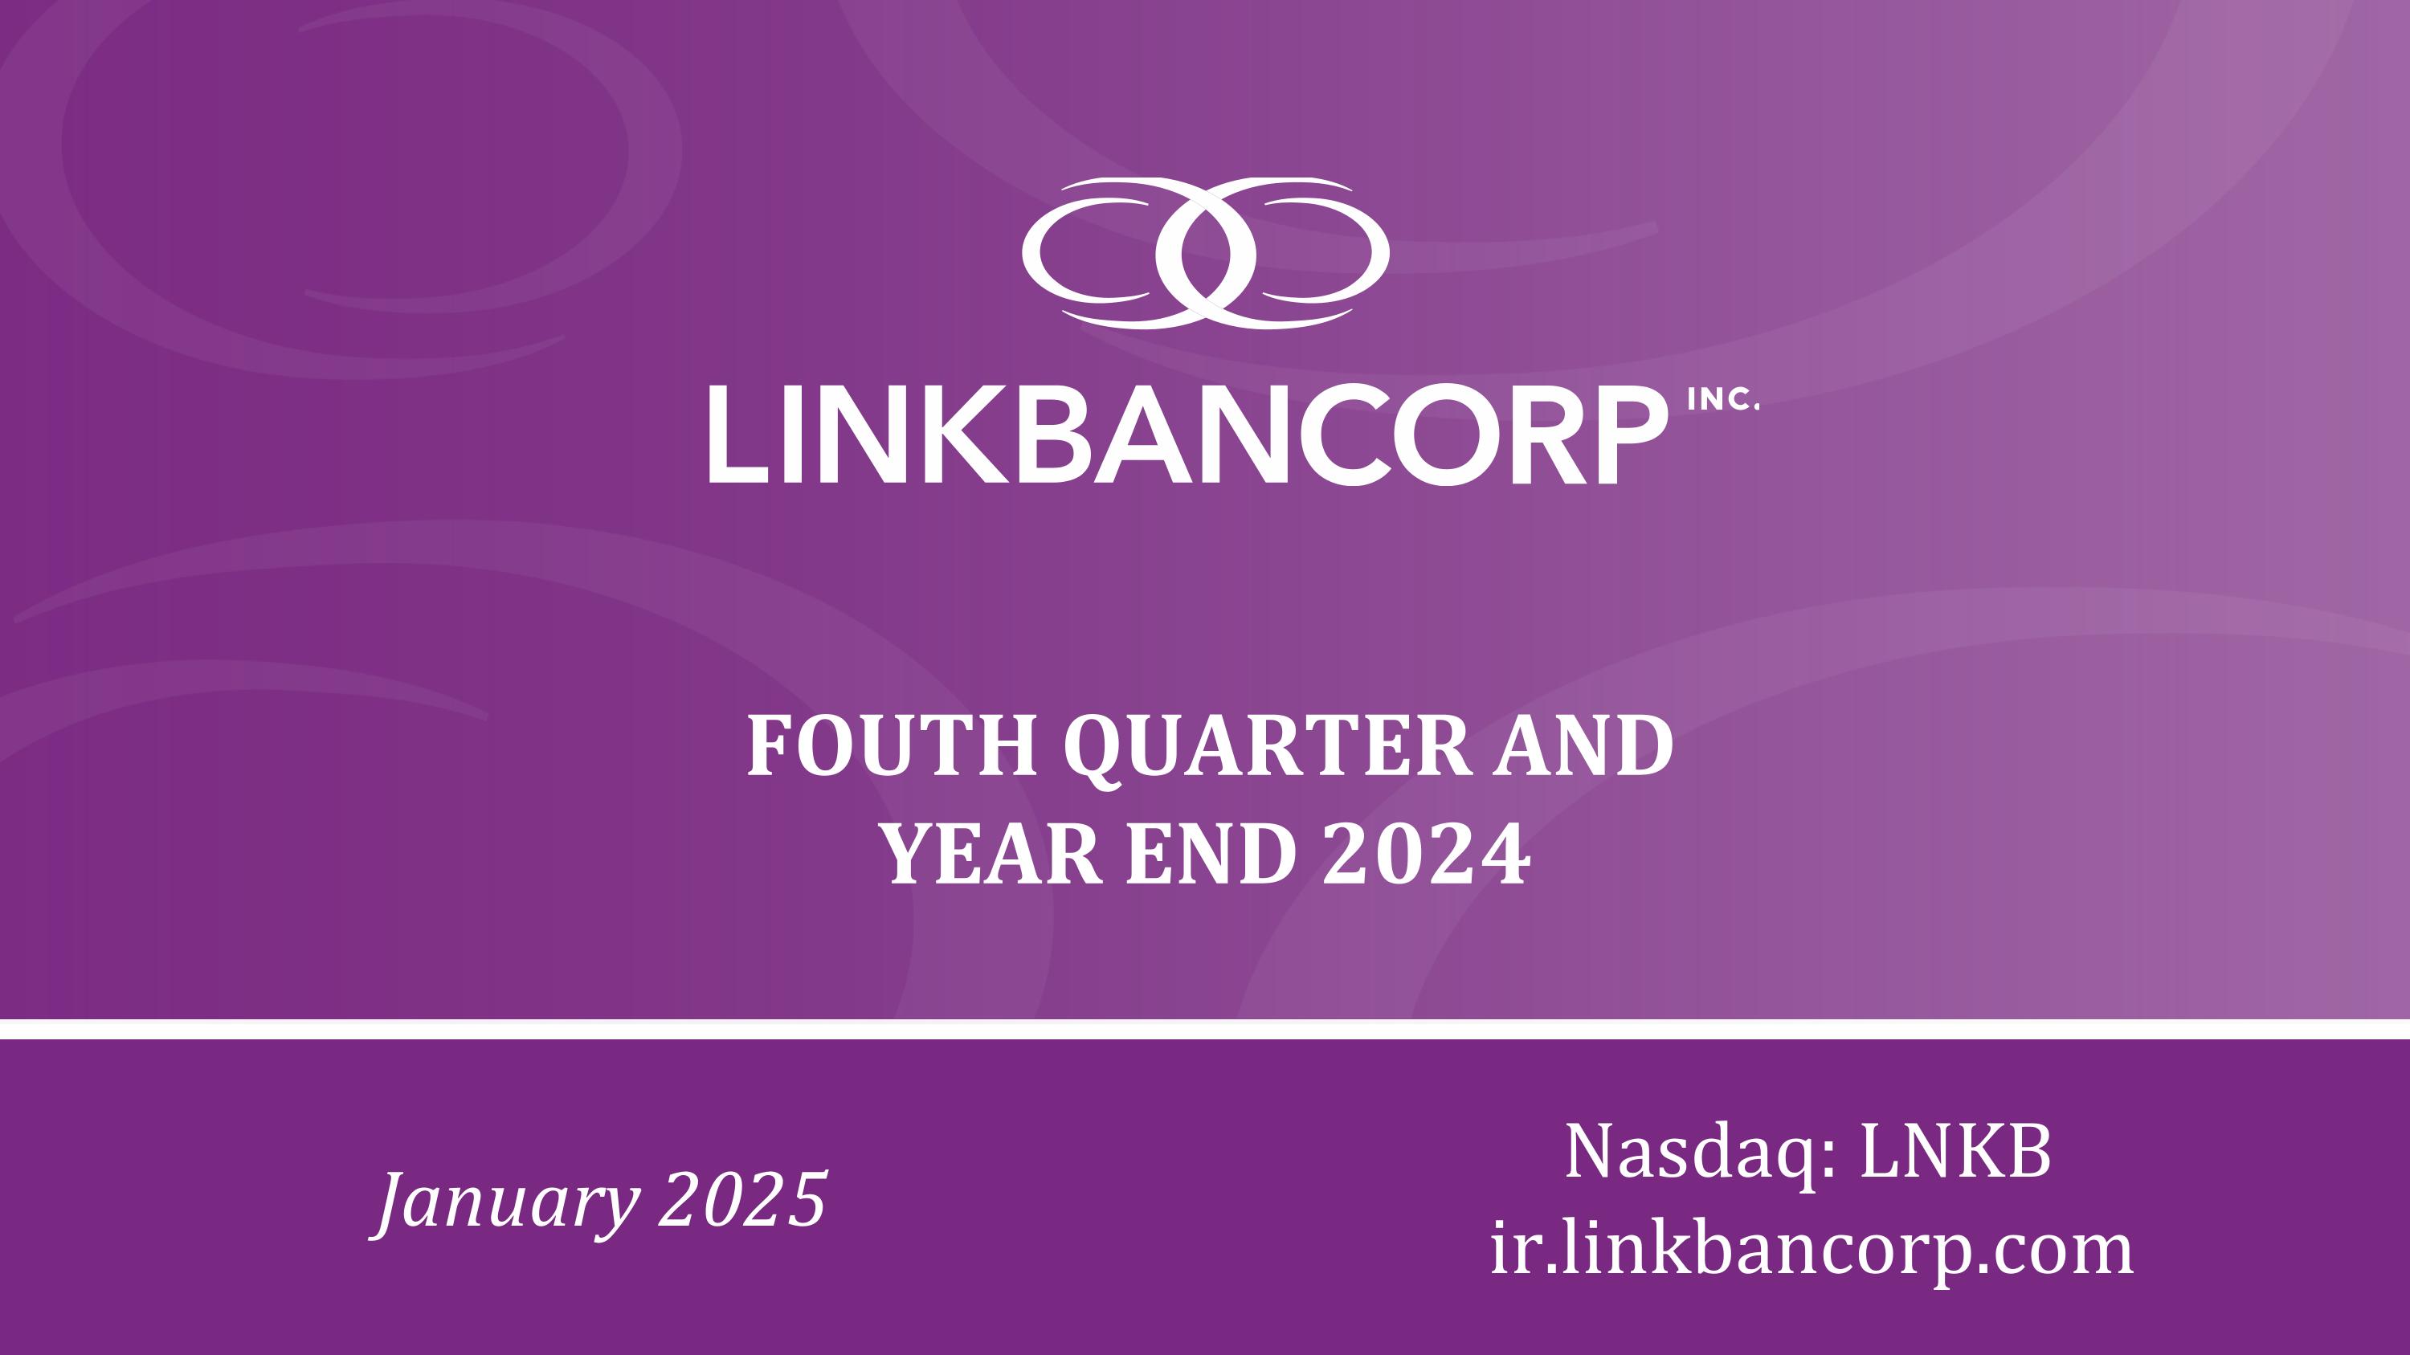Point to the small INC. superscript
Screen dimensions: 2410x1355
tap(1724, 400)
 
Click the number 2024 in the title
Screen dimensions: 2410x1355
tap(1426, 854)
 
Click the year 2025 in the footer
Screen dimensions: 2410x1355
tap(744, 1200)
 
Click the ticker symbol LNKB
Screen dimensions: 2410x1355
tap(1955, 1151)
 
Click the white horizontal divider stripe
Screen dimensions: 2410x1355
tap(1205, 1029)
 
